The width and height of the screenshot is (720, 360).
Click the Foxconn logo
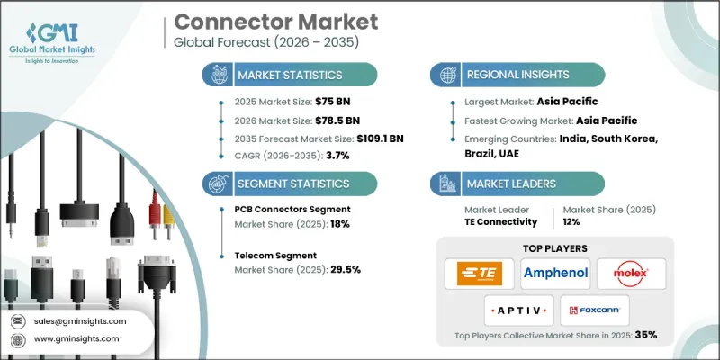[x=595, y=310]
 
